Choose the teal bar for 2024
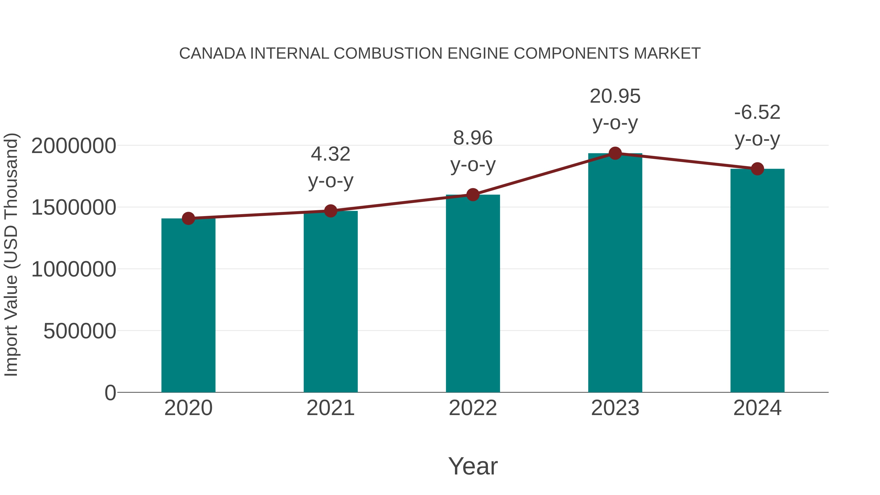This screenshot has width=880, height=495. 757,280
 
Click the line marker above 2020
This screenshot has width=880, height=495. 188,218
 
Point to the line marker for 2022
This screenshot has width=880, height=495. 473,195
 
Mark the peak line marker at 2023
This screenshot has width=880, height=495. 615,153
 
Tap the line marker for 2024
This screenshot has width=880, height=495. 757,169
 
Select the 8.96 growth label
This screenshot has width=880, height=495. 473,151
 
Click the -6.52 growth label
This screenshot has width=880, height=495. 757,125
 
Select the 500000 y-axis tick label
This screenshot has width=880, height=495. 80,331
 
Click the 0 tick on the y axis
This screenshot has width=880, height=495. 110,393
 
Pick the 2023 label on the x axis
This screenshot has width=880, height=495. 615,408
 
